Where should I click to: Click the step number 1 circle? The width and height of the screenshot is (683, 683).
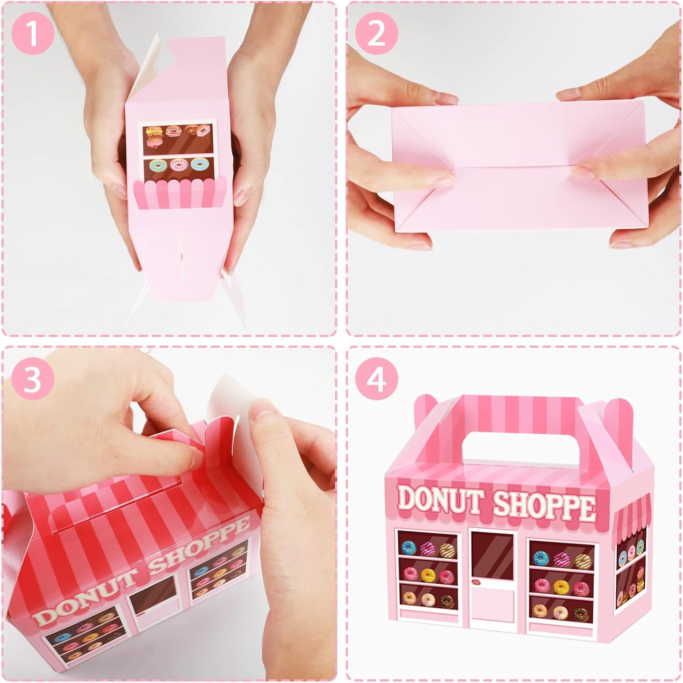pos(32,32)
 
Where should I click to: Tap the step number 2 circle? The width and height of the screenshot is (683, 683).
pos(376,32)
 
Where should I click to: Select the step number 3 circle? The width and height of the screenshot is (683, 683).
pos(32,378)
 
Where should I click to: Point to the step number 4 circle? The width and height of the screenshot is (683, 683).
pos(376,378)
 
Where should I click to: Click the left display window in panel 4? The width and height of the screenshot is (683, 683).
pos(427,569)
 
